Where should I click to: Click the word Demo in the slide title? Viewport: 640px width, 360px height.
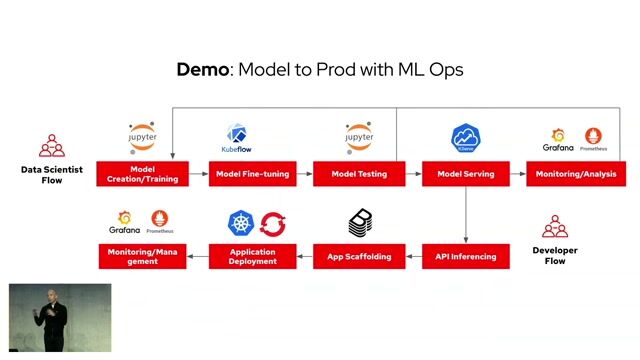coord(203,69)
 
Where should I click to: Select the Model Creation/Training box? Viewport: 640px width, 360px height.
coord(142,174)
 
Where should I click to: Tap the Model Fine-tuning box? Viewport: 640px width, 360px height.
coord(253,174)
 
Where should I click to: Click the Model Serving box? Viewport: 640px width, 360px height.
coord(466,174)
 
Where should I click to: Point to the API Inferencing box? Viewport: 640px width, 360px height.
coord(466,256)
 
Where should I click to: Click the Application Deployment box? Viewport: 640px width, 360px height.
coord(253,256)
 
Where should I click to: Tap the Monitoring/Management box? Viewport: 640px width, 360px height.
coord(142,256)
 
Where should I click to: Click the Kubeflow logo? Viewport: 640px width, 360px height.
coord(237,139)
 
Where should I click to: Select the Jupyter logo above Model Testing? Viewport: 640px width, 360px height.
coord(359,138)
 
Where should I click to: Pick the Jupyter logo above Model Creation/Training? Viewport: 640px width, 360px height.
coord(143,138)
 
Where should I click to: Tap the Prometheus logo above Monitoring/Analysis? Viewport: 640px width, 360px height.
coord(594,139)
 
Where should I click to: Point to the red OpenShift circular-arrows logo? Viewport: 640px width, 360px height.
coord(273,223)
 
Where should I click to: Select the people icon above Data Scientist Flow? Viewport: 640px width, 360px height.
coord(51,146)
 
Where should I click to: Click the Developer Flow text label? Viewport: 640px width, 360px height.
coord(555,256)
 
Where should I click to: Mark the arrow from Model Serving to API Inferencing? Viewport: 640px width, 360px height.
coord(466,214)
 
